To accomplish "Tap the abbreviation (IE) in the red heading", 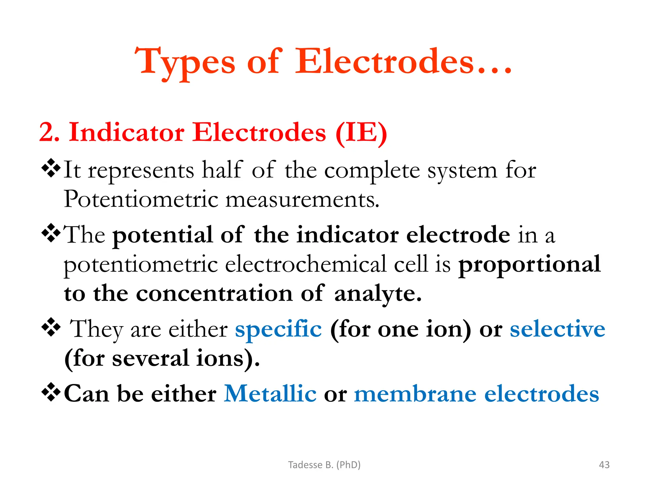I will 361,133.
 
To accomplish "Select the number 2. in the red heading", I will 49,133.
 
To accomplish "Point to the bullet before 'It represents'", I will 51,168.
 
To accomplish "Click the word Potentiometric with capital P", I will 141,199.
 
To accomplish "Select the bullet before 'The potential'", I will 51,233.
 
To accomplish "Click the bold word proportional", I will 530,264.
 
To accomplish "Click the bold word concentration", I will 214,293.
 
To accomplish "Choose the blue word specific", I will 278,329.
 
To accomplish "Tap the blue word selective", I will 557,329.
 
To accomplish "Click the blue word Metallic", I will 270,393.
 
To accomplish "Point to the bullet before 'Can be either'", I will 51,392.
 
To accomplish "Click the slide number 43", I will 604,465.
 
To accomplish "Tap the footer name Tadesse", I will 305,465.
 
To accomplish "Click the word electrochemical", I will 305,264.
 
